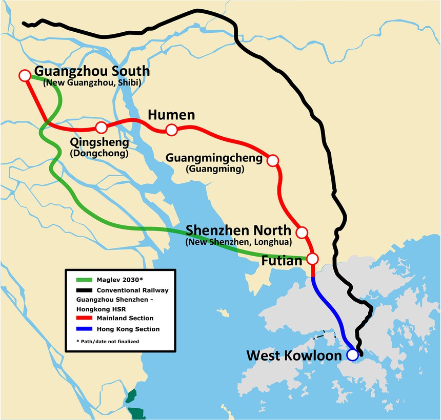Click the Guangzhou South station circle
click(x=24, y=75)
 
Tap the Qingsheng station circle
click(x=102, y=127)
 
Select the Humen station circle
click(x=172, y=130)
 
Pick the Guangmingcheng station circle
click(x=273, y=160)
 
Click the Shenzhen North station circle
click(x=302, y=231)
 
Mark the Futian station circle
click(x=312, y=258)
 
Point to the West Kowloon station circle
click(x=352, y=354)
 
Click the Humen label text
click(x=171, y=115)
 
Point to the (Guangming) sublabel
click(x=215, y=169)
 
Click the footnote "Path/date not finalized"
click(x=107, y=341)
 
